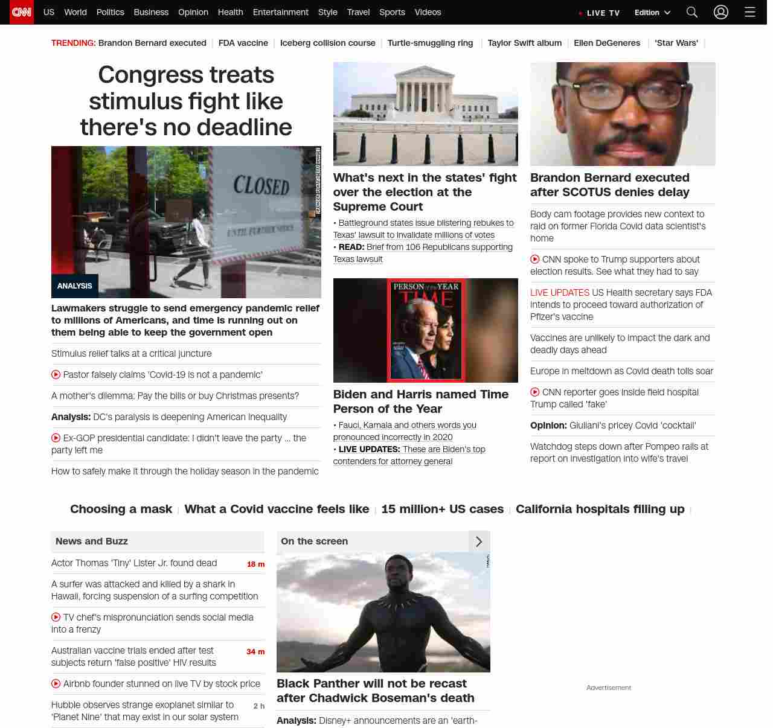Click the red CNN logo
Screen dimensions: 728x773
click(22, 12)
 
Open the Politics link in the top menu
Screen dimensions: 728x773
click(110, 12)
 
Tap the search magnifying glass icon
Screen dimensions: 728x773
click(692, 12)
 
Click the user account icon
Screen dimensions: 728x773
click(721, 12)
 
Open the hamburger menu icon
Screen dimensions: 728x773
click(750, 12)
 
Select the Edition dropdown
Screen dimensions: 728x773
click(652, 13)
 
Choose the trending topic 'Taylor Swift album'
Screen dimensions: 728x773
click(524, 43)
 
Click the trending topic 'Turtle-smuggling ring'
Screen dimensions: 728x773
click(430, 43)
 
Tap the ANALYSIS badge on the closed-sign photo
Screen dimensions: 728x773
click(75, 286)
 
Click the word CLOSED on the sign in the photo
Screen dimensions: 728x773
click(261, 185)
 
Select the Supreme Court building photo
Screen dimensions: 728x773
click(425, 113)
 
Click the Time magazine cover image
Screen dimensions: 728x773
click(426, 330)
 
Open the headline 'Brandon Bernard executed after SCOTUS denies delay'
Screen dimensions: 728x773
click(610, 185)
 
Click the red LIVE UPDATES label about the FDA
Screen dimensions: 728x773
click(559, 293)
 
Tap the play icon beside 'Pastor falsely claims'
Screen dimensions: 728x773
click(56, 374)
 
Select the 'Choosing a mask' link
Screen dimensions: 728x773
click(121, 509)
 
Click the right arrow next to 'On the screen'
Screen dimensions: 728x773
click(479, 541)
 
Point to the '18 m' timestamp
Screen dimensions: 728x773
click(255, 564)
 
